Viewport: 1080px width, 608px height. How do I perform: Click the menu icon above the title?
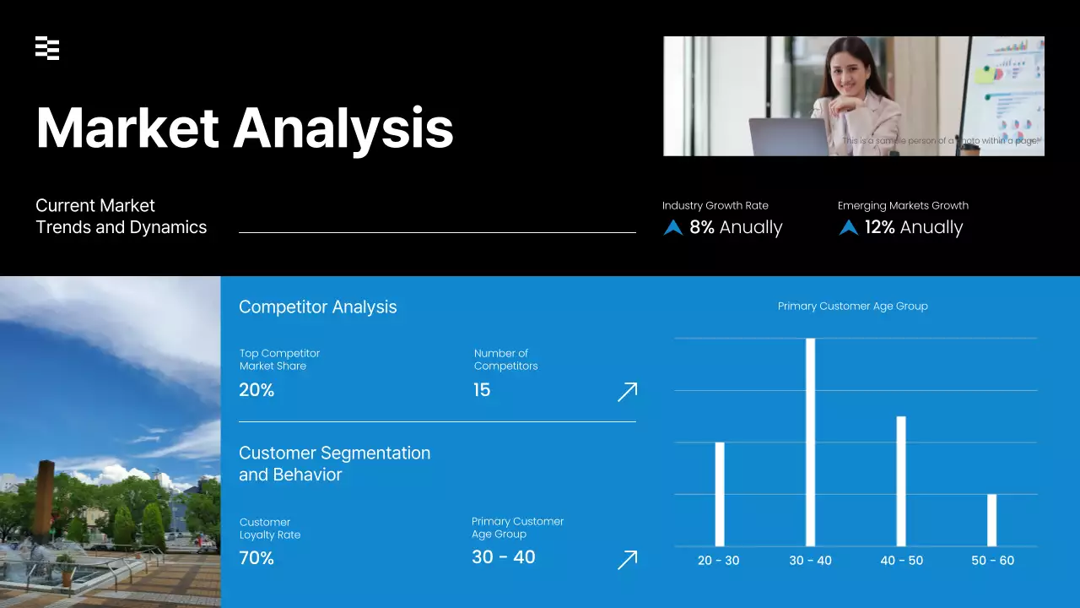click(47, 49)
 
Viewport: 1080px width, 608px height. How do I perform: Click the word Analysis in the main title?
click(343, 128)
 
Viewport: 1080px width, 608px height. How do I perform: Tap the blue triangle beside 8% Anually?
click(673, 227)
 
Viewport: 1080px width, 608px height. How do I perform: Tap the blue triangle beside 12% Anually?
click(849, 227)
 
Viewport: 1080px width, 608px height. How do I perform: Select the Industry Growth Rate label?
click(715, 205)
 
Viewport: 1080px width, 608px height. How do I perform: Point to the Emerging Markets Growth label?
click(903, 205)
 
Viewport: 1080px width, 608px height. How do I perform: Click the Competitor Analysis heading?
click(317, 307)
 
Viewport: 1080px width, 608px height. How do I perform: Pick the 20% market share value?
click(256, 390)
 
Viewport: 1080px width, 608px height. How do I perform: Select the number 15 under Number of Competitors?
click(482, 390)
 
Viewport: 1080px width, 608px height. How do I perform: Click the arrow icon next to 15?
click(627, 391)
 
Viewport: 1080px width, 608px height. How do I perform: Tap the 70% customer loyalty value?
click(256, 558)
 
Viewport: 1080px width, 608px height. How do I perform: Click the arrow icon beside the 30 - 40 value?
click(627, 560)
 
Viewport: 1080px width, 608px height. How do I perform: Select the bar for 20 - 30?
click(720, 494)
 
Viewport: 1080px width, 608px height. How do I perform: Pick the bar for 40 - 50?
click(901, 480)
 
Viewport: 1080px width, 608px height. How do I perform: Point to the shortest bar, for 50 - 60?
click(991, 520)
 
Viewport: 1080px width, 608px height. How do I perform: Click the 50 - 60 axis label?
click(992, 561)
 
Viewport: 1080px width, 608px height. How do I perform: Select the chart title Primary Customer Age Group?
click(852, 307)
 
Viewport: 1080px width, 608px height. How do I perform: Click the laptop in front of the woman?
click(788, 137)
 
